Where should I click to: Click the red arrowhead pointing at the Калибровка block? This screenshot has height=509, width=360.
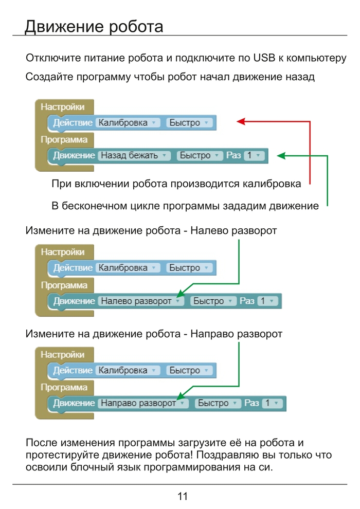coord(240,121)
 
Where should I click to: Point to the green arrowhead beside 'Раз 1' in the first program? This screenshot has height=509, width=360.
coord(280,154)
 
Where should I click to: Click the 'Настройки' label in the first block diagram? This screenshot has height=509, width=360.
coord(62,107)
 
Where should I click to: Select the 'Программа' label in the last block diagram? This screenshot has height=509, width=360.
coord(64,387)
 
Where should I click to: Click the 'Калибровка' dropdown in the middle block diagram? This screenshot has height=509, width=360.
coord(128,268)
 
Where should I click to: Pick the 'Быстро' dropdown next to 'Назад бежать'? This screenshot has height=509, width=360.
coord(199,155)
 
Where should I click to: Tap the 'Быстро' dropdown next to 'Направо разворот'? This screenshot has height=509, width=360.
coord(217,404)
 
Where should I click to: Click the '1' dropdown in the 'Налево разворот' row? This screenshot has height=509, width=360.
coord(266,301)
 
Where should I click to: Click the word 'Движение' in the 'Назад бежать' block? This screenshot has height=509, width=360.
coord(74,155)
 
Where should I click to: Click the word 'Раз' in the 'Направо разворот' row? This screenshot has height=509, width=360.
coord(251,404)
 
